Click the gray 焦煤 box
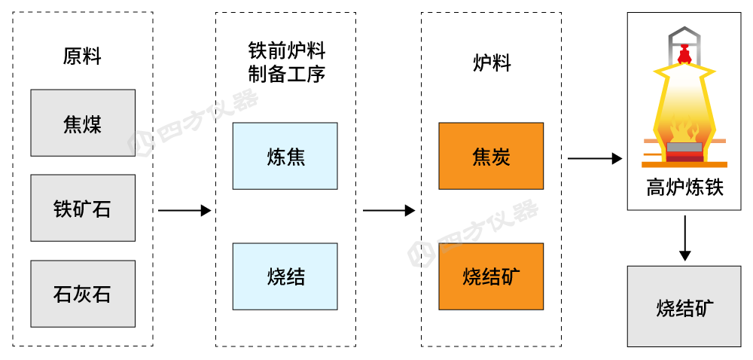[83, 123]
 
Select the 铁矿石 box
[83, 208]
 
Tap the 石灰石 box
[83, 294]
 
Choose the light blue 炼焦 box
[285, 156]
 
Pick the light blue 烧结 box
[285, 276]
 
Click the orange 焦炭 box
[491, 156]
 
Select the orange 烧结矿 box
[491, 276]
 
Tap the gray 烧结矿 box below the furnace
[684, 307]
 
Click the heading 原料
[82, 56]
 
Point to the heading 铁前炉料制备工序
[286, 63]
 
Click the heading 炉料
[491, 63]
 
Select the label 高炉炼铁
[684, 188]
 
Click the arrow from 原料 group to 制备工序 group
[184, 211]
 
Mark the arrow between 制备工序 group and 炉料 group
[389, 211]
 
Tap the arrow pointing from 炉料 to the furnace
[594, 158]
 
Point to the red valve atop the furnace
[684, 53]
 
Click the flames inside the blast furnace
[684, 124]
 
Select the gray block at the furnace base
[684, 147]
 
